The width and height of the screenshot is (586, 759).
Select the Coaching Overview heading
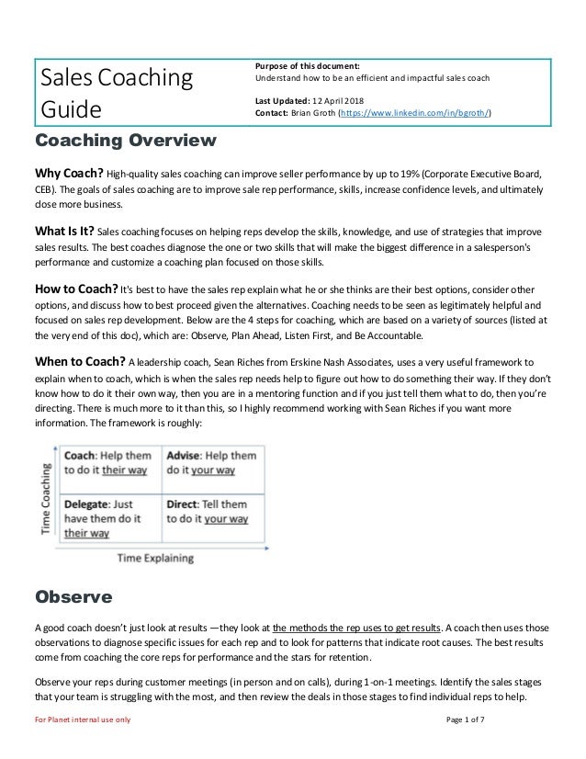(126, 142)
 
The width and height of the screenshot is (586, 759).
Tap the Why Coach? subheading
(69, 174)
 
